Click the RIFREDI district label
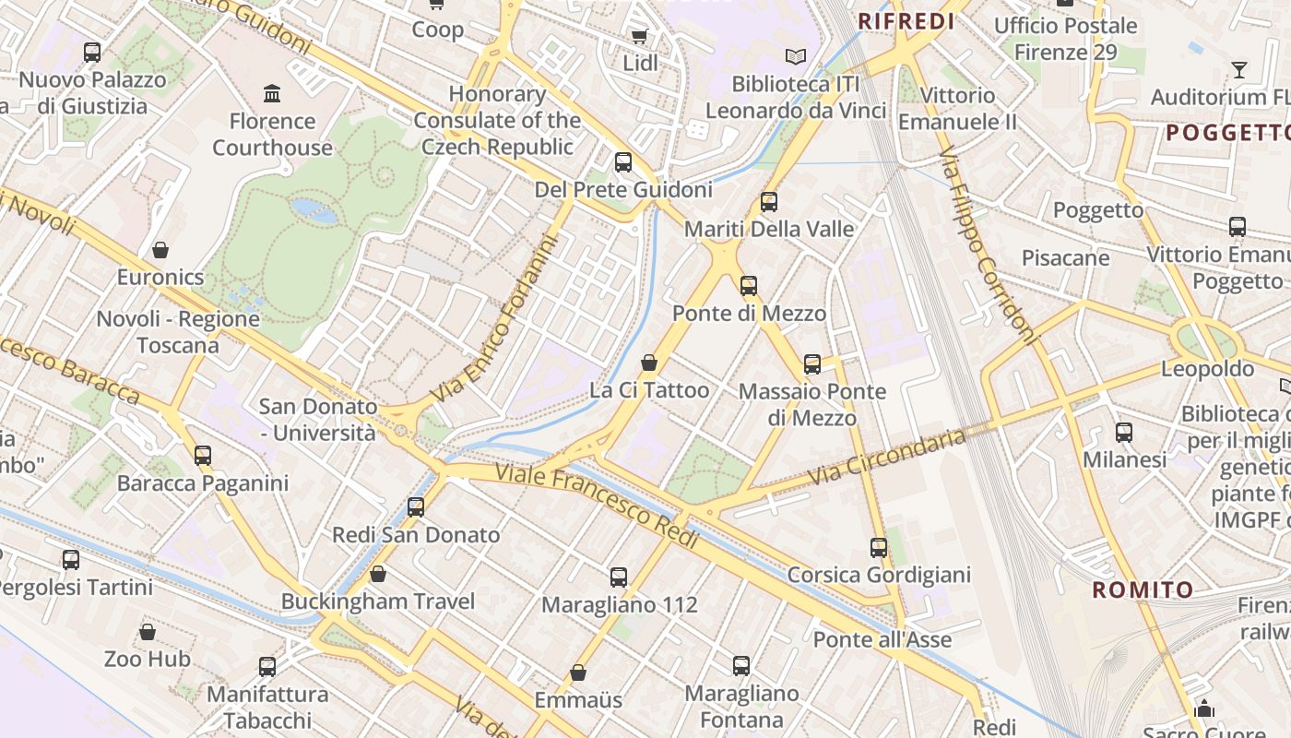pyautogui.click(x=906, y=21)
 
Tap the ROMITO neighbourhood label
pyautogui.click(x=1143, y=589)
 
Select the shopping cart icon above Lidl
pyautogui.click(x=639, y=36)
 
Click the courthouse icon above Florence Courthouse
pyautogui.click(x=272, y=93)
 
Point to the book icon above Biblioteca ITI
pyautogui.click(x=795, y=56)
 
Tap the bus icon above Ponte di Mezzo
pyautogui.click(x=749, y=285)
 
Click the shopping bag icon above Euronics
pyautogui.click(x=160, y=250)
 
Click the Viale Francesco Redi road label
pyautogui.click(x=597, y=506)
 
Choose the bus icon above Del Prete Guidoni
pyautogui.click(x=623, y=162)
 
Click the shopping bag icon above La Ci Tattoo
pyautogui.click(x=649, y=363)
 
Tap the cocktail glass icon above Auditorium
pyautogui.click(x=1238, y=69)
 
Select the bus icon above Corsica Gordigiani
pyautogui.click(x=879, y=548)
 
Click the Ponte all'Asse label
pyautogui.click(x=882, y=639)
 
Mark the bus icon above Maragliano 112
pyautogui.click(x=619, y=577)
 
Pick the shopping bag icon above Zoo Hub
pyautogui.click(x=148, y=632)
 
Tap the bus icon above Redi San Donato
pyautogui.click(x=416, y=506)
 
